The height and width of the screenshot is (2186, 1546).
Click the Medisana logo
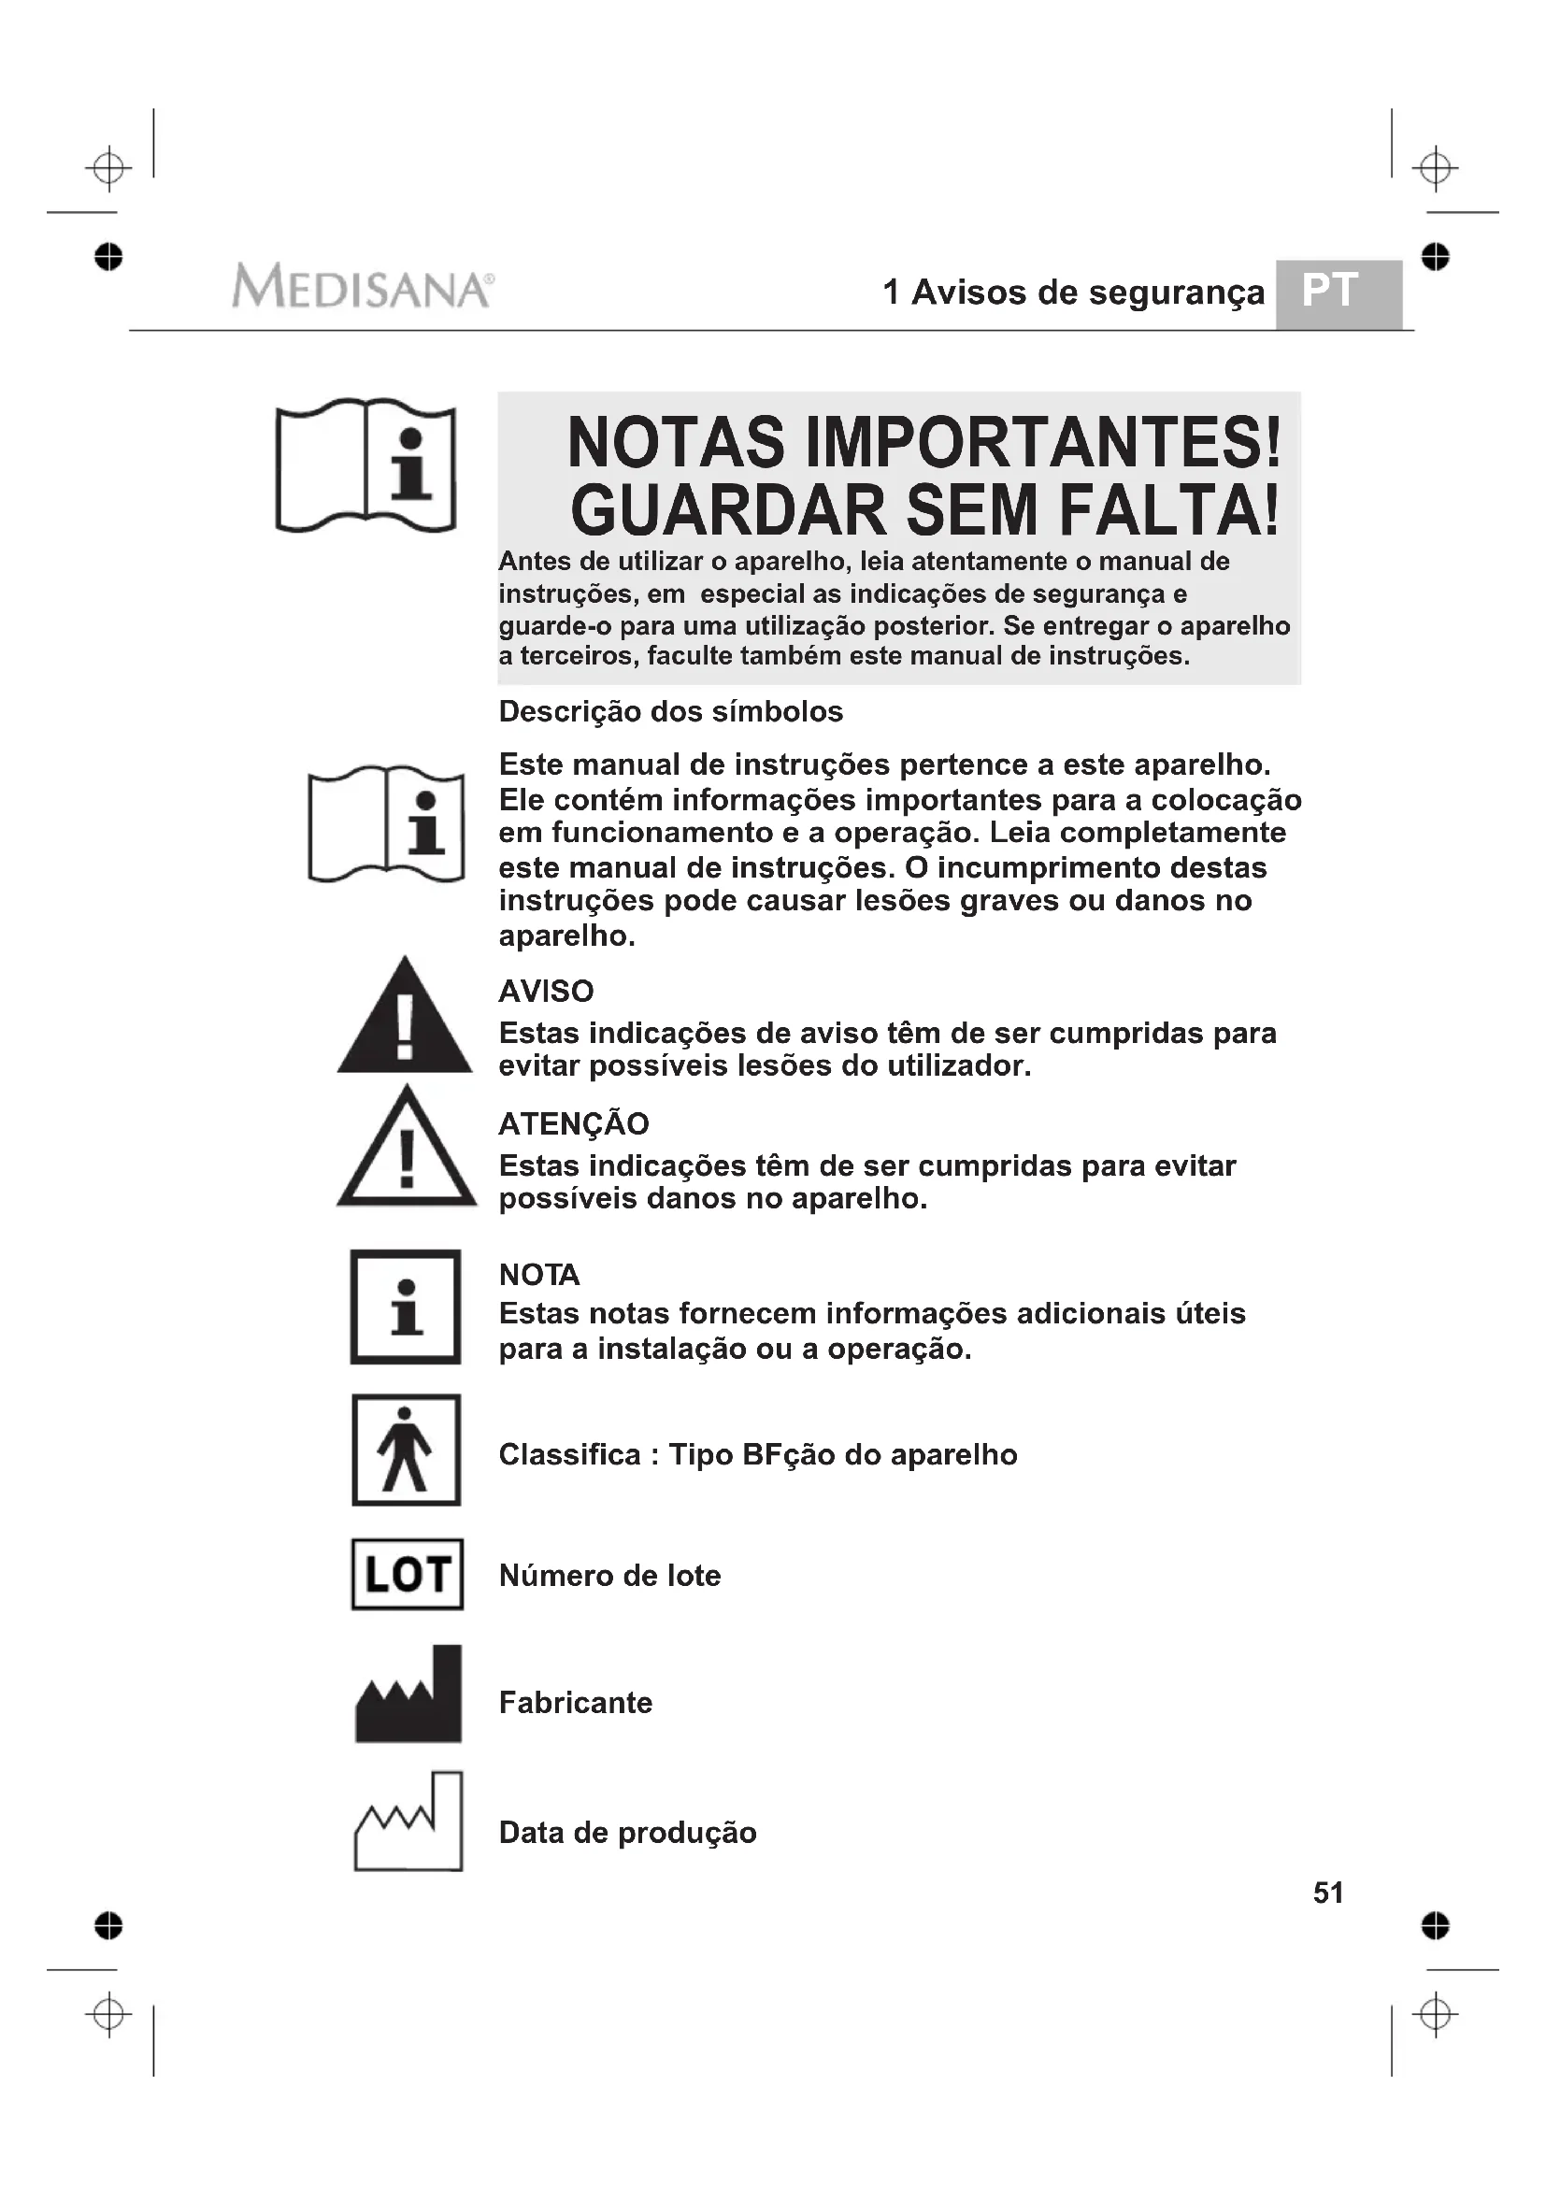coord(362,286)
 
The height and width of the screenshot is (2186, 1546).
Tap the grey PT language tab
coord(1338,293)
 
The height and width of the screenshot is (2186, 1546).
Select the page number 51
coord(1328,1893)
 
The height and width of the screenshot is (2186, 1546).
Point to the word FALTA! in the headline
coord(1169,510)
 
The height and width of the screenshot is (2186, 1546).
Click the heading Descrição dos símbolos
coord(670,711)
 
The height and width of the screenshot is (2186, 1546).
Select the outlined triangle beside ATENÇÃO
coord(407,1150)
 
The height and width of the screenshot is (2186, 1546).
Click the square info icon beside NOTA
coord(406,1307)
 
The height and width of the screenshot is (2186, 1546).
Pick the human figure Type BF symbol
coord(406,1450)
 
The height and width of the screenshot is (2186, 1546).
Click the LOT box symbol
coord(407,1574)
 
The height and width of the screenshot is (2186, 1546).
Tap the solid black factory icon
coord(408,1696)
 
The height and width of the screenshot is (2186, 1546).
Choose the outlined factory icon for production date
coord(408,1822)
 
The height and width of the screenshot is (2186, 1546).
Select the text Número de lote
coord(609,1576)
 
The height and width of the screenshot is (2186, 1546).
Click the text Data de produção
coord(627,1833)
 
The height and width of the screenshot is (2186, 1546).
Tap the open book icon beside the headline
coord(365,465)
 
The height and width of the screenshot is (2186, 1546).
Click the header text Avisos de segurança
coord(1087,293)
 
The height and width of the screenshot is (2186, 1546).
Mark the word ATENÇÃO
coord(573,1123)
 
